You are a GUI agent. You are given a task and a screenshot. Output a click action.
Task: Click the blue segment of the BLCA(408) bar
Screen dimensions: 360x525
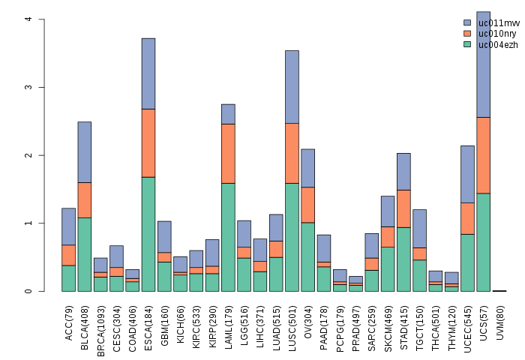pyautogui.click(x=84, y=152)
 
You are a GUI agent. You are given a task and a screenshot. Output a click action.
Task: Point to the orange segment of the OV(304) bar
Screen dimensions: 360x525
pyautogui.click(x=307, y=205)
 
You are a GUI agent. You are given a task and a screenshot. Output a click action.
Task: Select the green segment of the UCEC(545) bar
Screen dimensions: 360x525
pyautogui.click(x=467, y=262)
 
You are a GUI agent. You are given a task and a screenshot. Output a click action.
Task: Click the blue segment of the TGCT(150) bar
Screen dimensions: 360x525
pyautogui.click(x=419, y=229)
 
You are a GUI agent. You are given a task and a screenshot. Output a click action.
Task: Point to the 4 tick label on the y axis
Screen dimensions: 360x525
pyautogui.click(x=28, y=19)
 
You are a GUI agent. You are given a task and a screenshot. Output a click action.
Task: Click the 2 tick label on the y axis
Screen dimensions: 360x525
pyautogui.click(x=28, y=155)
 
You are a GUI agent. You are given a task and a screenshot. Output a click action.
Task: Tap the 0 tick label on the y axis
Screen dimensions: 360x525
pyautogui.click(x=28, y=291)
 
